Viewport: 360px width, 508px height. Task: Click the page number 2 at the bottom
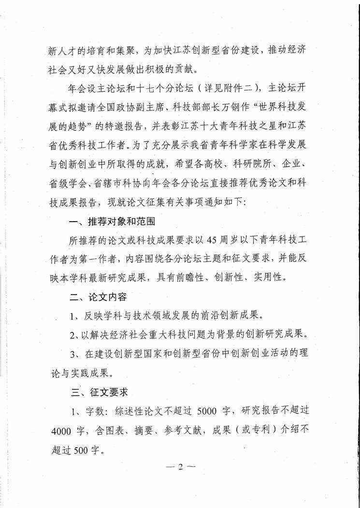(x=180, y=467)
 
